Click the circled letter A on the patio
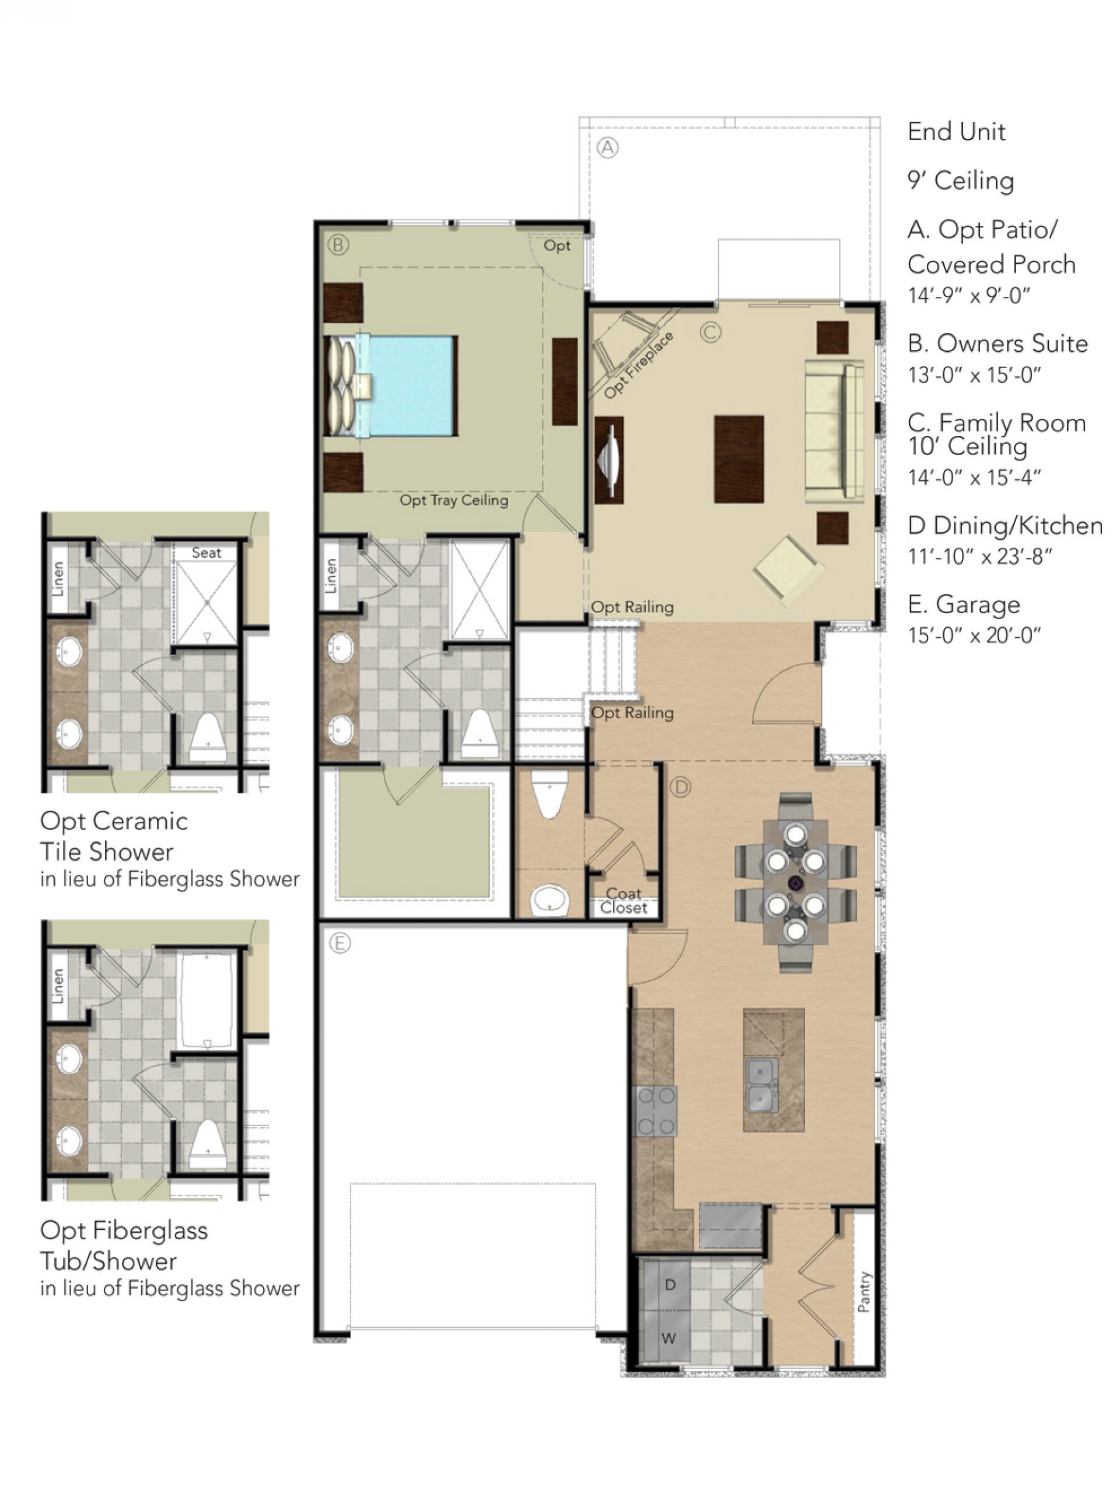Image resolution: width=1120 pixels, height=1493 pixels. (608, 148)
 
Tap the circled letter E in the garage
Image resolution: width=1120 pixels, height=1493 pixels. (339, 943)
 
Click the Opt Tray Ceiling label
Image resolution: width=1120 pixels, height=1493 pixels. (453, 500)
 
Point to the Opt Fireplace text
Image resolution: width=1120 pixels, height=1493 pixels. (638, 365)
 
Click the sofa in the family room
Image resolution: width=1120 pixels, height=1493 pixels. (835, 430)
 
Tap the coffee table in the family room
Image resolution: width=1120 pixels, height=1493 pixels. (739, 459)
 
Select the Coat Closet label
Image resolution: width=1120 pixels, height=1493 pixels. (624, 900)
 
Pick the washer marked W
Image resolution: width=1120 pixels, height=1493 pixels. (668, 1338)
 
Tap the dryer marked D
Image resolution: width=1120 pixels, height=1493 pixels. (670, 1285)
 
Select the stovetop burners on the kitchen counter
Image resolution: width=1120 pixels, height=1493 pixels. (655, 1111)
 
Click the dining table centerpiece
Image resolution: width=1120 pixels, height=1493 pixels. (796, 883)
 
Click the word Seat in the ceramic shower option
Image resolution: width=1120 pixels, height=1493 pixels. (206, 553)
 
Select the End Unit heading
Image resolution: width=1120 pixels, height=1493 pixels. (956, 132)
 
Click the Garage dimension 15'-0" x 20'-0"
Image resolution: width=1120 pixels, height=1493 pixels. (974, 635)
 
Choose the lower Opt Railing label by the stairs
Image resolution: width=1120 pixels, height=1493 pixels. (632, 713)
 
